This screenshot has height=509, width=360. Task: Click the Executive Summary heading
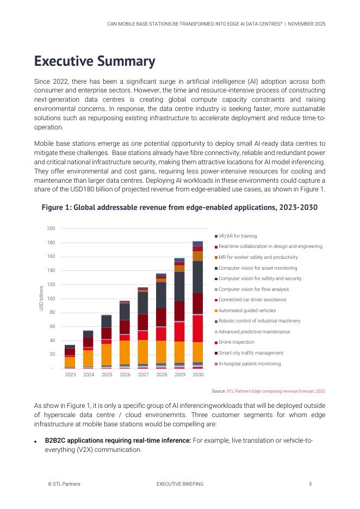point(95,61)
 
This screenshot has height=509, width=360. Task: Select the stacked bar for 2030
point(198,305)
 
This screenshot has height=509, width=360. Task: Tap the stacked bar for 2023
point(70,357)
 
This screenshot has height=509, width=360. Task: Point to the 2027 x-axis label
point(143,375)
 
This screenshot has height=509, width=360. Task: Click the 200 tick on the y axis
point(51,228)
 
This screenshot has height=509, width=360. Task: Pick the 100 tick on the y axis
point(51,299)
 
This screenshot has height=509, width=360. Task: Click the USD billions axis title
point(41,299)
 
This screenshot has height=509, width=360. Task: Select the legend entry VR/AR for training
point(238,236)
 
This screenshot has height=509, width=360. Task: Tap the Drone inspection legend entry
point(236,343)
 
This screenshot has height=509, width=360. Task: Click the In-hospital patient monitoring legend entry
point(250,364)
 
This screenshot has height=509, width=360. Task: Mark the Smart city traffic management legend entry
point(251,353)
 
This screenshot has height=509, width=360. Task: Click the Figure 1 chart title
point(179,208)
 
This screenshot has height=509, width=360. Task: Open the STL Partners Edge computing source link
point(276,391)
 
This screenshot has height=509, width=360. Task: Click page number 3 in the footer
point(310,483)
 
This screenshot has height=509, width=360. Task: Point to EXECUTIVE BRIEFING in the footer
point(179,483)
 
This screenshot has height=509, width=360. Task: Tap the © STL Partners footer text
point(64,483)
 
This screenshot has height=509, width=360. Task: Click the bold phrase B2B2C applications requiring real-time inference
point(118,440)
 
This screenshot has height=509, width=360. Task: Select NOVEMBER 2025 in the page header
point(306,24)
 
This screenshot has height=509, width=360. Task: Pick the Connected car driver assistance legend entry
point(252,300)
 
